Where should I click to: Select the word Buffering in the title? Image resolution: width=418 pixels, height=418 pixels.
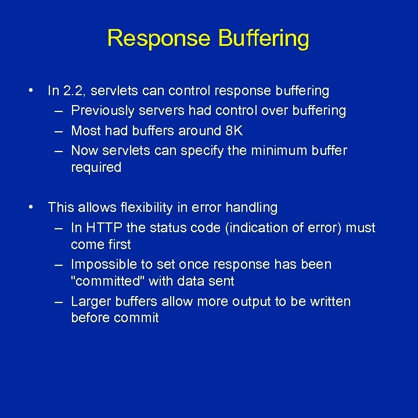tap(264, 39)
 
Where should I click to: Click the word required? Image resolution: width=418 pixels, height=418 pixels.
tap(96, 168)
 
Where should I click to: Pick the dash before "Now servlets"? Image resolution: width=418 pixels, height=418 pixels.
tap(59, 150)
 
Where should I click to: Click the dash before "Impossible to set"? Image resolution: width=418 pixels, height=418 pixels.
tap(59, 264)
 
